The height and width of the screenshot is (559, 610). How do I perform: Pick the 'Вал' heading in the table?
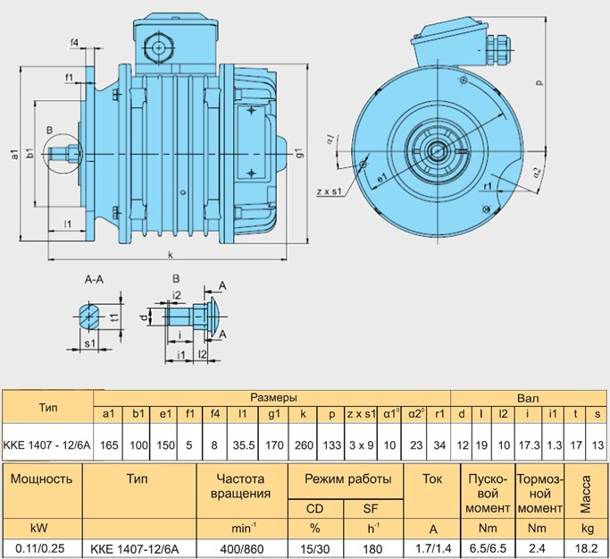click(x=528, y=396)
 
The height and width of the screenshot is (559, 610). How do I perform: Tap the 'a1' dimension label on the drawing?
click(x=15, y=153)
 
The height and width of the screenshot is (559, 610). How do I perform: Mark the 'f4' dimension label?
click(x=74, y=43)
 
